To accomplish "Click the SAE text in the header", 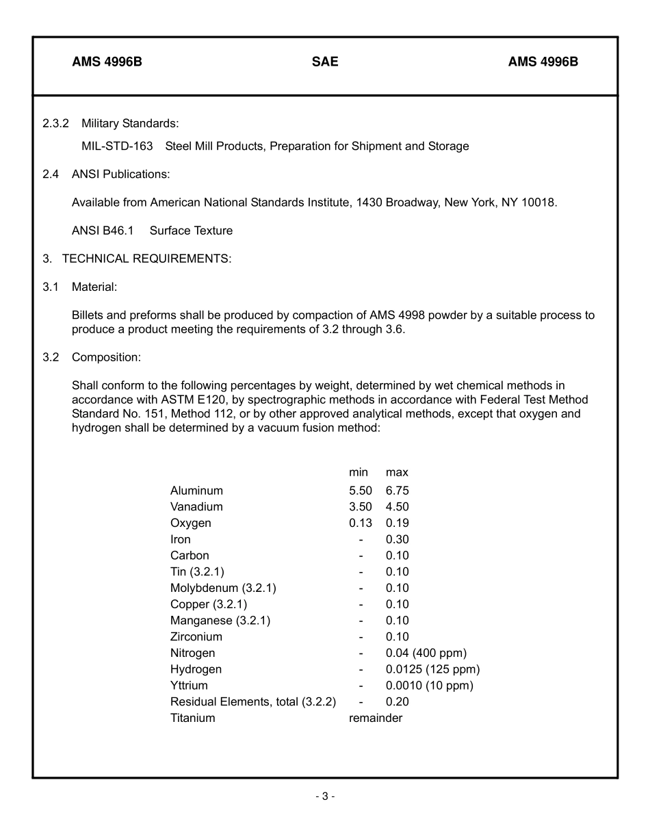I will [x=325, y=62].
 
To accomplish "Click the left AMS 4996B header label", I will [x=107, y=62].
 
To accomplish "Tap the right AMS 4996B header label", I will [x=543, y=62].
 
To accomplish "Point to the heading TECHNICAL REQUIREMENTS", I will [x=146, y=259].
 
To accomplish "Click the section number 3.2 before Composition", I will [x=51, y=357].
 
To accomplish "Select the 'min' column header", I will [x=358, y=472].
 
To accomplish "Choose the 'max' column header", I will [x=397, y=472].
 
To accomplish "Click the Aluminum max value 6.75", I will [x=397, y=491].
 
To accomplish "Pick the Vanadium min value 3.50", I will [x=360, y=507].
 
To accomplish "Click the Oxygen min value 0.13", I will [x=360, y=523].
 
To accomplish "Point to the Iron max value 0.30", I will [x=397, y=539].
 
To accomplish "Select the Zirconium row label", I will [x=196, y=636].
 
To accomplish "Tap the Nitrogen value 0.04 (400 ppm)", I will [x=426, y=653].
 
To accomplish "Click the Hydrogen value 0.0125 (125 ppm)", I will [x=432, y=669].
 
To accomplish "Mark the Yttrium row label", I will [x=189, y=685].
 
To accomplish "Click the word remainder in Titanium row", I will [x=376, y=718].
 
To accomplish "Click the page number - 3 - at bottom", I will [x=325, y=796].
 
